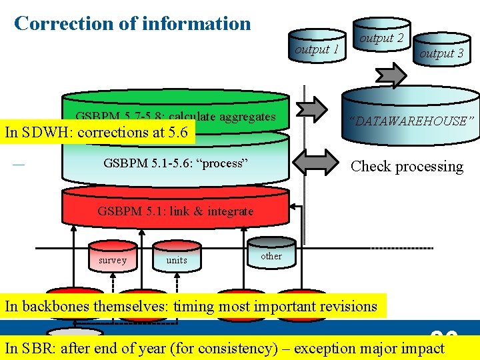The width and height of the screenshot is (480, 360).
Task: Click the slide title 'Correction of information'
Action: pyautogui.click(x=132, y=23)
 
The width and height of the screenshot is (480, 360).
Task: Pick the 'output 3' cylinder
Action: pyautogui.click(x=441, y=53)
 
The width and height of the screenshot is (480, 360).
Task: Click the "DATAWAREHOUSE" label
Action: pyautogui.click(x=411, y=121)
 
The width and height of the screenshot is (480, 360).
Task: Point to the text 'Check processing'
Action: pyautogui.click(x=407, y=167)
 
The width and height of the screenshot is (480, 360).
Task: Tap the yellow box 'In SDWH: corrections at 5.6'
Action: pyautogui.click(x=97, y=132)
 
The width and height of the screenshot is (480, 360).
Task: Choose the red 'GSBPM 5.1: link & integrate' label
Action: pyautogui.click(x=175, y=211)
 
